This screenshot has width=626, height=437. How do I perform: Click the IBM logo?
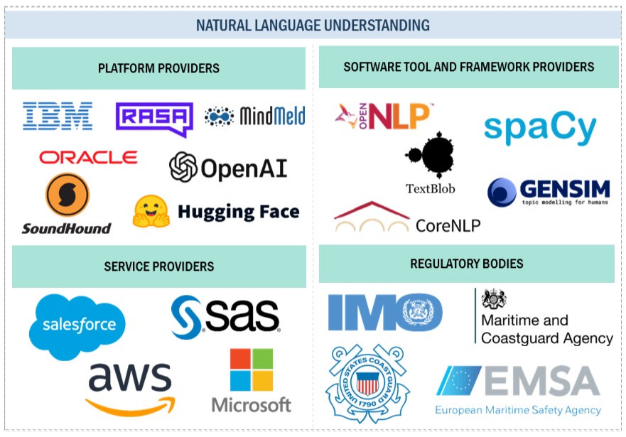[58, 116]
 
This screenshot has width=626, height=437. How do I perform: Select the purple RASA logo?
[154, 118]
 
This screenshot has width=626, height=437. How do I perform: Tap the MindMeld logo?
[255, 116]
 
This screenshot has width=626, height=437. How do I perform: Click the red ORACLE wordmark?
[88, 157]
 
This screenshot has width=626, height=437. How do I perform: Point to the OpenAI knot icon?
[183, 167]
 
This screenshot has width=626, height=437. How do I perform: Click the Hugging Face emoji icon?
[151, 211]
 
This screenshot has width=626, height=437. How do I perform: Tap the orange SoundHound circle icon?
[67, 195]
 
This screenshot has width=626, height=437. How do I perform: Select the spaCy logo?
[540, 129]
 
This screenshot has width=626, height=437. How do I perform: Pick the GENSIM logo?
[549, 192]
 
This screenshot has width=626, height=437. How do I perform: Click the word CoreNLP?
[448, 226]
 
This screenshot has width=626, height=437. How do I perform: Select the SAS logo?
[226, 317]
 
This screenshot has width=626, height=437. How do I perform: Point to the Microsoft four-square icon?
[252, 369]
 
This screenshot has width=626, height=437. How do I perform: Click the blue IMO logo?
[385, 313]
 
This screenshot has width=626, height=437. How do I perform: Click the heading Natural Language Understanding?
[313, 26]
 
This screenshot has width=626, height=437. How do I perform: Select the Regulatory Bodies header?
[466, 264]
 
